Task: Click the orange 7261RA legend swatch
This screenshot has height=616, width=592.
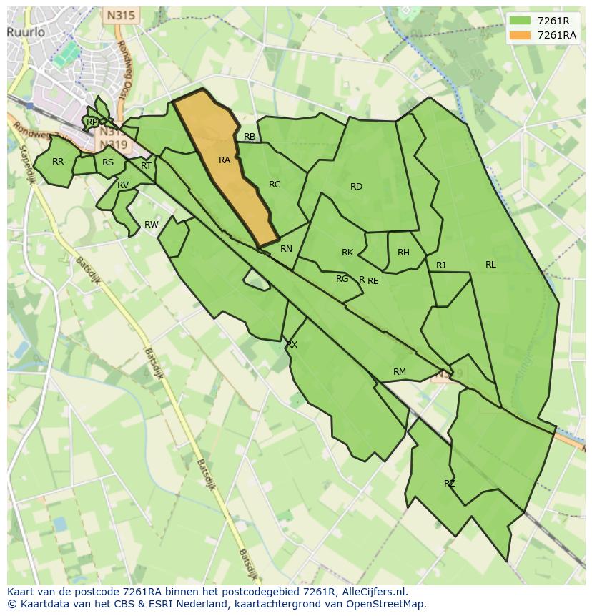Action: [520, 35]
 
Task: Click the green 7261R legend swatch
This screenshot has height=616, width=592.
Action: [520, 21]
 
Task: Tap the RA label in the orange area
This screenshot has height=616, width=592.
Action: [225, 160]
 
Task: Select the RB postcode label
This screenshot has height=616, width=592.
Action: [250, 137]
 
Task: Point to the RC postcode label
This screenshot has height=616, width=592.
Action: [275, 185]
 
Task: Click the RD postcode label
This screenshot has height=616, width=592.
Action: [356, 187]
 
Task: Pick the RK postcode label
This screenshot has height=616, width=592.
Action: [347, 253]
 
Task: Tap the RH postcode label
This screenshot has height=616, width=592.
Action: [403, 253]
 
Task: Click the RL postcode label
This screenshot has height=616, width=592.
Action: [490, 265]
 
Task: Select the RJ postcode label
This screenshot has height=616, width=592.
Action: [440, 265]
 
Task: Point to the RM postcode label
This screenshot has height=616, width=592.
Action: [400, 372]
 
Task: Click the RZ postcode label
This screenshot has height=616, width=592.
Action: [450, 484]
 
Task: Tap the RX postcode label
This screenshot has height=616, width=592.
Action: [292, 345]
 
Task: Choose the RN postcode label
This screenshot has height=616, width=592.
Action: [286, 249]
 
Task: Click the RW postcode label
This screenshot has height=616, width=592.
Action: [152, 225]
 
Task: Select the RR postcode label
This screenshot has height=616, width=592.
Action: [58, 162]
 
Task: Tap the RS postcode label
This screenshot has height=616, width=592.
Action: [108, 162]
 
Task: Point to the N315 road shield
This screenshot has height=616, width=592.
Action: [121, 15]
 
